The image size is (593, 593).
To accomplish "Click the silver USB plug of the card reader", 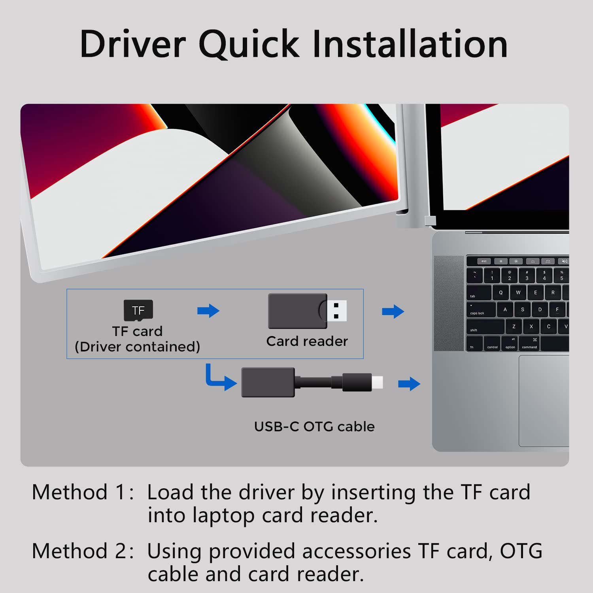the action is [x=337, y=311].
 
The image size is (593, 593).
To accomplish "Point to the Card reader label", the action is [x=307, y=341].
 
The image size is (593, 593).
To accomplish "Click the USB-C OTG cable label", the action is [x=314, y=427].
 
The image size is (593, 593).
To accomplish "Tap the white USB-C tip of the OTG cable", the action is [x=377, y=382].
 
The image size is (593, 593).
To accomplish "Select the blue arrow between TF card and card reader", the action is [x=208, y=311].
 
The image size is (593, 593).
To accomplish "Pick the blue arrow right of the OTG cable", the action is [x=409, y=383].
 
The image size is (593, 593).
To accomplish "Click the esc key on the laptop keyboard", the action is [x=484, y=261].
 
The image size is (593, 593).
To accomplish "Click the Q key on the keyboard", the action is [x=501, y=293].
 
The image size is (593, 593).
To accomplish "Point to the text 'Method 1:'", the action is [x=83, y=493].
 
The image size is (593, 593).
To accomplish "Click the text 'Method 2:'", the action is [x=83, y=551].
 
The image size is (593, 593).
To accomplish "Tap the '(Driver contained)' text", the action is [x=137, y=347].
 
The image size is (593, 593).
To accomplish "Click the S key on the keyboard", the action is [x=523, y=310].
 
